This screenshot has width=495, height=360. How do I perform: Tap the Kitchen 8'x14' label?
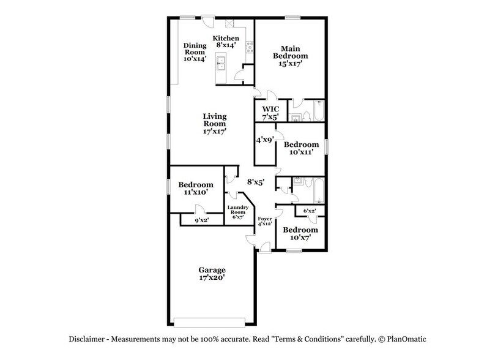[226, 42]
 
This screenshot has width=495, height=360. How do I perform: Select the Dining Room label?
[195, 52]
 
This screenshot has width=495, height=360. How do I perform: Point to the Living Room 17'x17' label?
[215, 123]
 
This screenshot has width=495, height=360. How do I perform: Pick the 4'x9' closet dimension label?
[264, 140]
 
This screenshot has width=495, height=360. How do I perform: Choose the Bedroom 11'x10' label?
[196, 188]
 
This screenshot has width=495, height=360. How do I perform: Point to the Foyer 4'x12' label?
[264, 222]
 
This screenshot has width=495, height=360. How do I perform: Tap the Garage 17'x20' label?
[212, 273]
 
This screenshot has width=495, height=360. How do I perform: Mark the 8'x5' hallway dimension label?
[255, 182]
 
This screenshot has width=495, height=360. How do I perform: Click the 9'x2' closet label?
[201, 220]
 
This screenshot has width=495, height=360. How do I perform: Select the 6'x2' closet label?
[309, 211]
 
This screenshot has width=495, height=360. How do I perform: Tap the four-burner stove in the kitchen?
[248, 46]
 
